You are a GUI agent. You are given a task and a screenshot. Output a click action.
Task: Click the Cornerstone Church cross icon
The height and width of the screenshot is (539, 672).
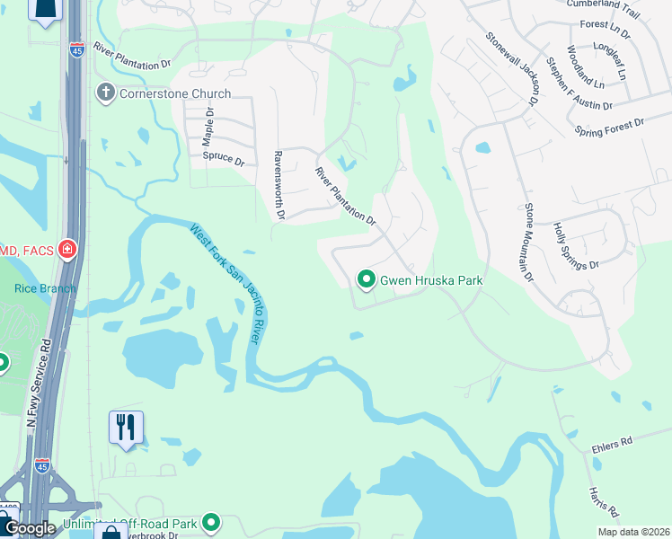point(106,93)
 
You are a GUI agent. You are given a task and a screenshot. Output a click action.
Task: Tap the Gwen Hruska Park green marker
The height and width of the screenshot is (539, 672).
point(366,280)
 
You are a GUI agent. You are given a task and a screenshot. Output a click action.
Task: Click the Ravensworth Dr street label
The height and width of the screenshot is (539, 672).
point(279,185)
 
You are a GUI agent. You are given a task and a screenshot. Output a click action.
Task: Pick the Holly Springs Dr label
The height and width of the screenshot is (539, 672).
point(576,247)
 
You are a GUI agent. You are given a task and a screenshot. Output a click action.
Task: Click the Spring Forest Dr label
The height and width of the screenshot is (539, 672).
point(610,127)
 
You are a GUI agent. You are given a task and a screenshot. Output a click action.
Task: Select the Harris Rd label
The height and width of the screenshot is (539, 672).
point(604,504)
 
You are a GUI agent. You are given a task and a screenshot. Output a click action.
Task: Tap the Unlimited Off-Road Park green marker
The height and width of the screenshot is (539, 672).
point(211,522)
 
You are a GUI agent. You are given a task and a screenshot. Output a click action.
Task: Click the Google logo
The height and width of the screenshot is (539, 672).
point(29,528)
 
